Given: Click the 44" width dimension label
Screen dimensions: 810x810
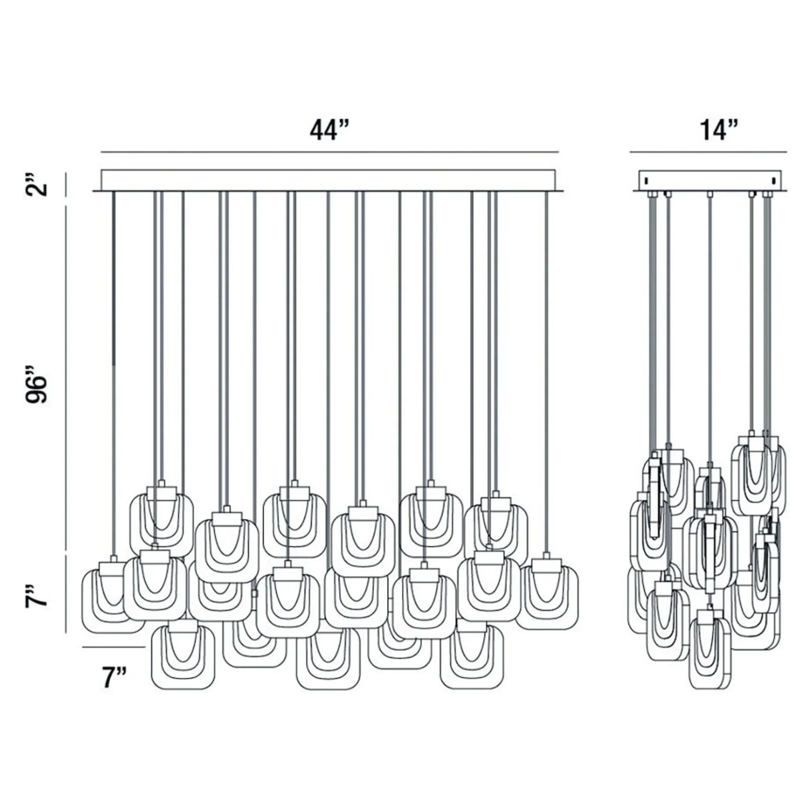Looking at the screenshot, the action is pos(329,131).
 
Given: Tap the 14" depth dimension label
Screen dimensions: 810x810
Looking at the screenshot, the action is pos(718,131).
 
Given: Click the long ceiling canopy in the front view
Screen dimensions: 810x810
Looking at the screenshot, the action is pos(328,181).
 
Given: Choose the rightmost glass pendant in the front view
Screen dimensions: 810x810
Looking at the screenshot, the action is pos(547,597).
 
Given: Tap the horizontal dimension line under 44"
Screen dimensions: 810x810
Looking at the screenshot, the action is pos(330,152).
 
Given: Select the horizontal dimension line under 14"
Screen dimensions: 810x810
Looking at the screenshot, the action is pos(708,152).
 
